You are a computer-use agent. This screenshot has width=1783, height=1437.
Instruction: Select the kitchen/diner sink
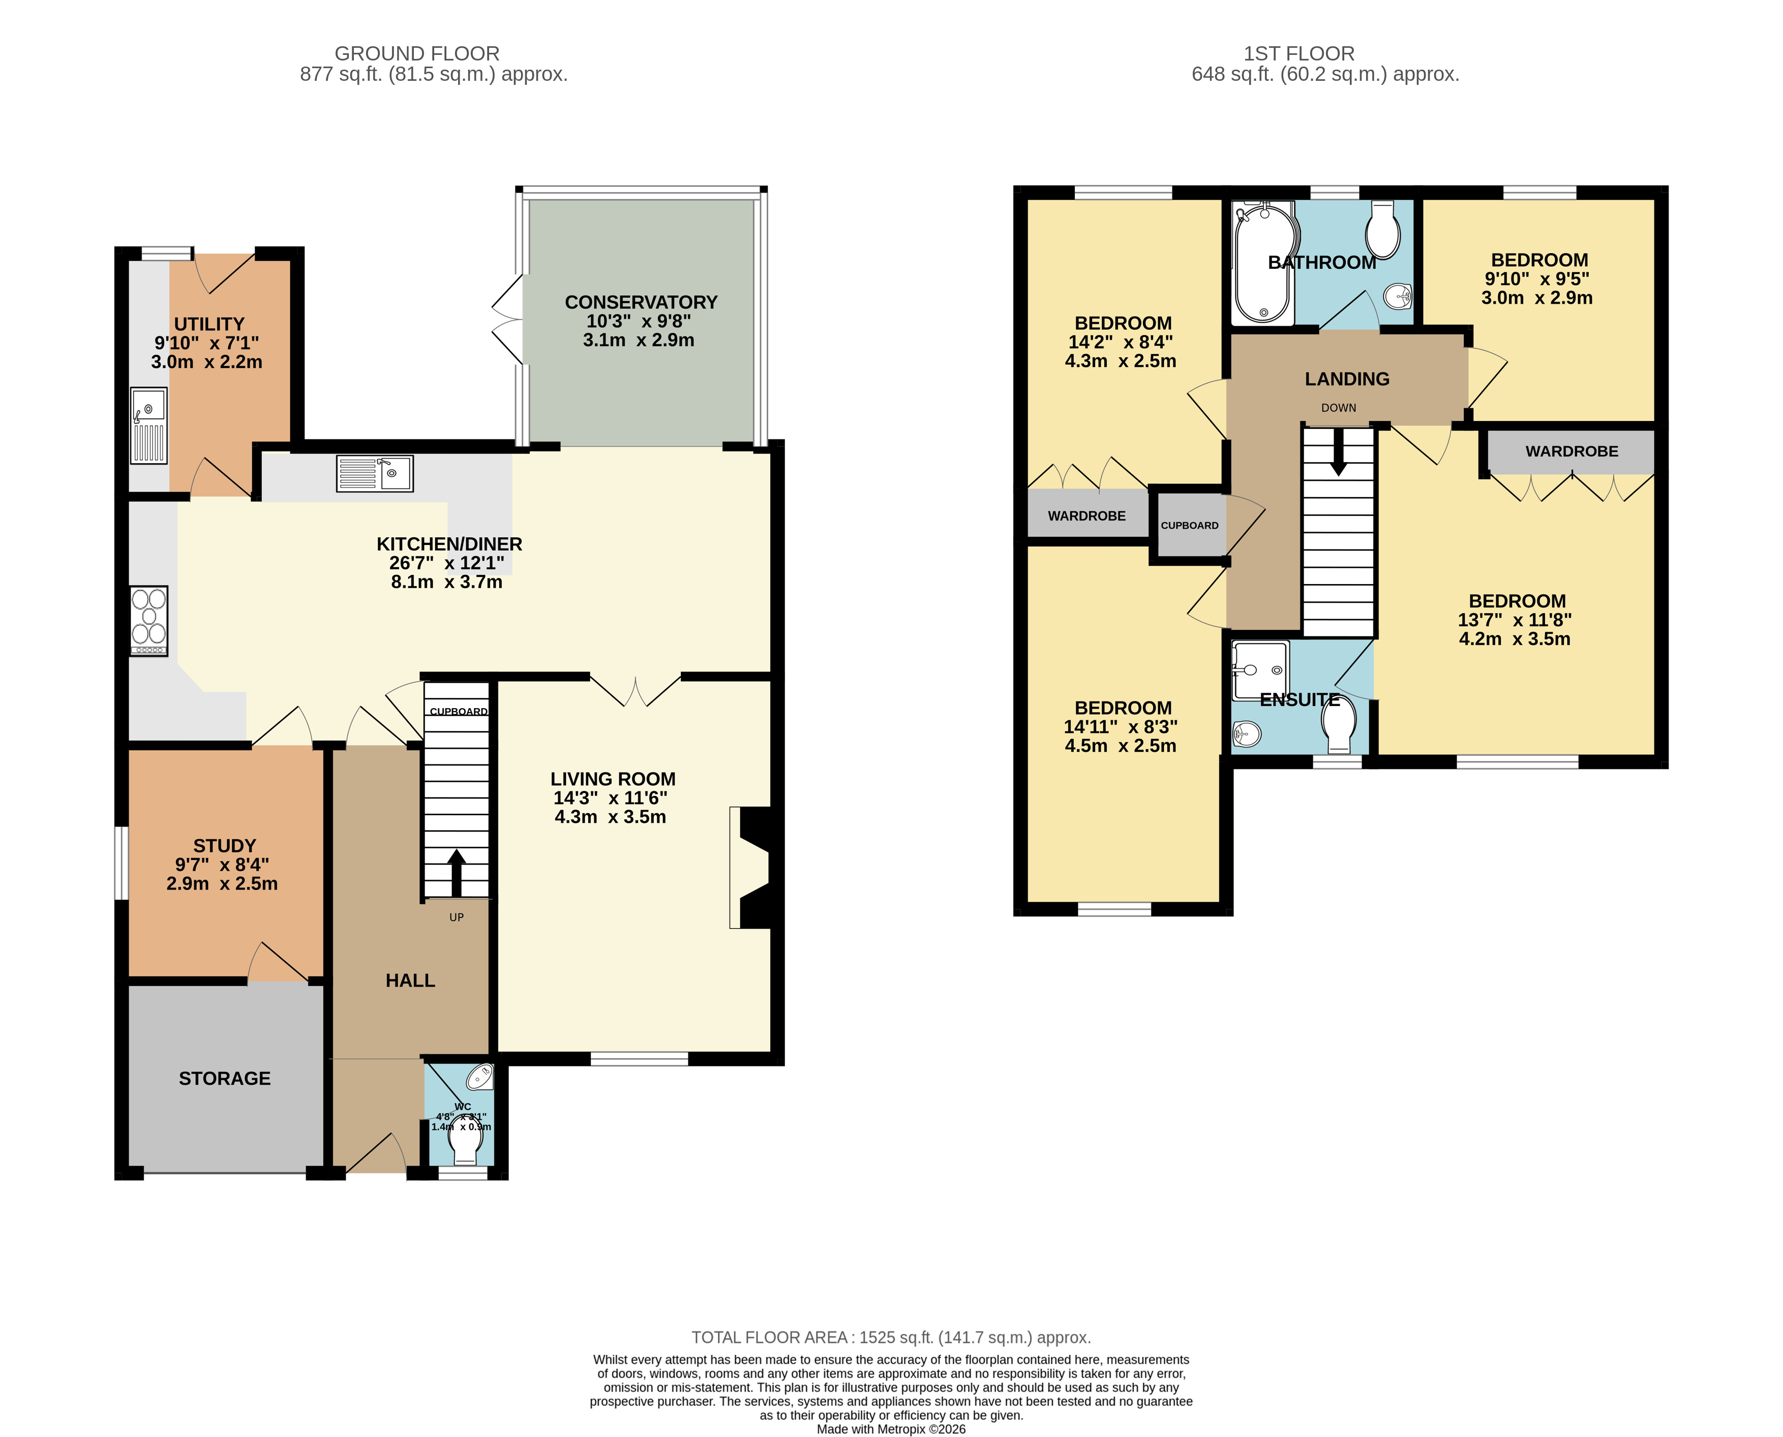pos(375,473)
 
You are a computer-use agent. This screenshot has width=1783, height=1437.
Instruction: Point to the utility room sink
pos(149,425)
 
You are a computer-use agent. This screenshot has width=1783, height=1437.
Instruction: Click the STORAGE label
pos(224,1079)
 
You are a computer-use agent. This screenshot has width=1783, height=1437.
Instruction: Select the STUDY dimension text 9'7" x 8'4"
pos(222,865)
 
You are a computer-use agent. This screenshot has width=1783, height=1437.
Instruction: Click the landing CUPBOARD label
pos(1190,526)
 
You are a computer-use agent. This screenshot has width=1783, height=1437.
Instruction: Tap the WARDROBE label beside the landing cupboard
pos(1087,516)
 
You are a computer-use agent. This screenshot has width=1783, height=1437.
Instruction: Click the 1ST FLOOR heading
pos(1299,54)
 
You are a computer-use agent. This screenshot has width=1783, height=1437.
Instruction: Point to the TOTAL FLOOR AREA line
pos(892,1338)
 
